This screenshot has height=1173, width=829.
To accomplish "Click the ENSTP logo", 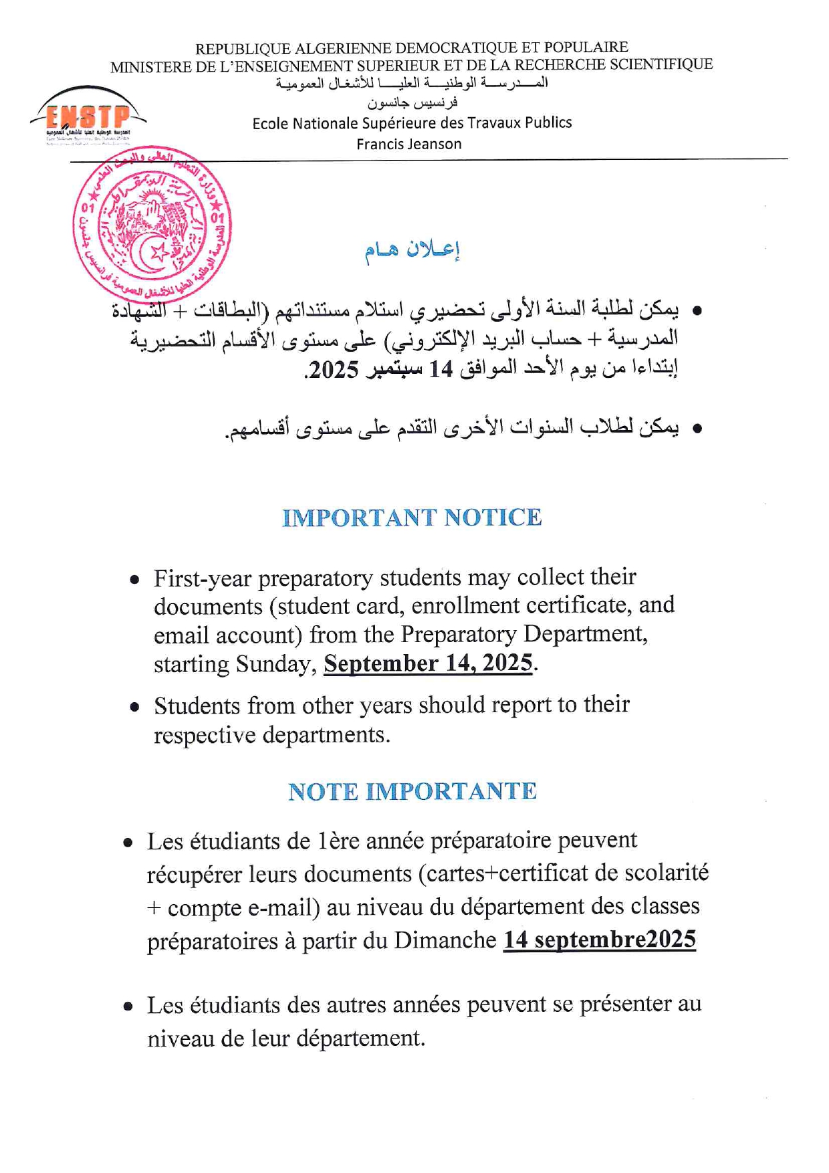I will (88, 116).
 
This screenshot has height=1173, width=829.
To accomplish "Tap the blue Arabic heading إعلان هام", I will (412, 250).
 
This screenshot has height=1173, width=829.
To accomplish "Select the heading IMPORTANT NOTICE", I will (412, 518).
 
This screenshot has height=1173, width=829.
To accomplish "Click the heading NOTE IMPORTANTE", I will (412, 792).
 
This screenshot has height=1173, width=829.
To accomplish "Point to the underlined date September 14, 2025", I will (428, 663).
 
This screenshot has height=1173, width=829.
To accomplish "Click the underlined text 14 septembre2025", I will (599, 940).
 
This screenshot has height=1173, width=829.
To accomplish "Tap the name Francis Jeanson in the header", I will (408, 144).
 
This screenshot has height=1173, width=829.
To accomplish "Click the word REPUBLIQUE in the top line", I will (243, 49).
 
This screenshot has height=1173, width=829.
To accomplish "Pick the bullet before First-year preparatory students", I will (135, 579).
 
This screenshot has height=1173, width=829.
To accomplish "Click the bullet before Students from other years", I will (135, 707).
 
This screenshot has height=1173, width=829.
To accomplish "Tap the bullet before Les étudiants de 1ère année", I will (128, 843).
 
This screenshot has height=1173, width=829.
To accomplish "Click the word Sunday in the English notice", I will (275, 664).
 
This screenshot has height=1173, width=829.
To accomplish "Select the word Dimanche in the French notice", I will (445, 940).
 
